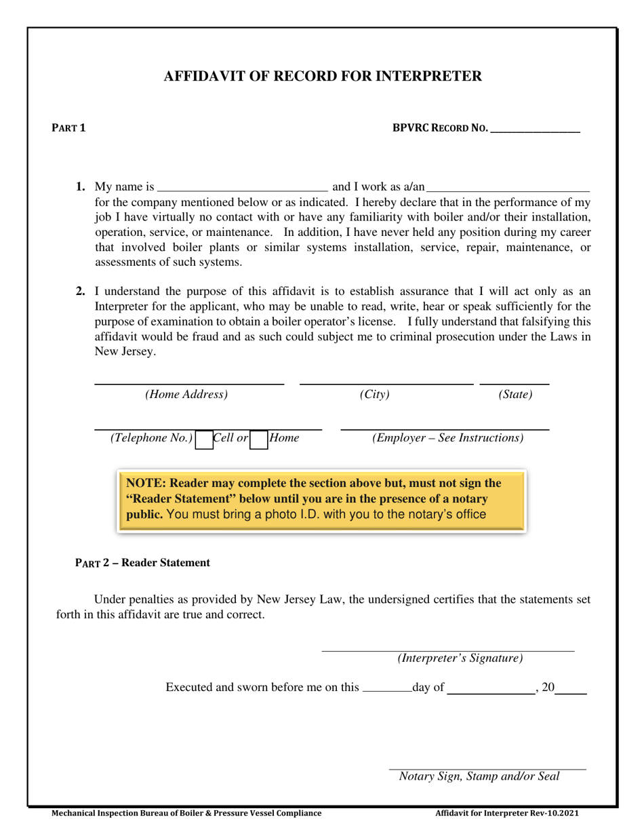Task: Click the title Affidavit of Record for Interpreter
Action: (322, 76)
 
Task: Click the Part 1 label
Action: (69, 127)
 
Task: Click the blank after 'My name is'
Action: (242, 187)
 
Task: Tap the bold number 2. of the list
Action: (81, 292)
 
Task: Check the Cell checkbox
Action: (203, 440)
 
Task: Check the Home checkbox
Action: (258, 440)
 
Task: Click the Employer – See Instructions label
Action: (447, 438)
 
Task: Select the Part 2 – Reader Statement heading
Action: (142, 563)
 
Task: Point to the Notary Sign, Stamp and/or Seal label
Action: (479, 776)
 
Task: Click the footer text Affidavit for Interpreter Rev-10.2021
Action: (506, 813)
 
